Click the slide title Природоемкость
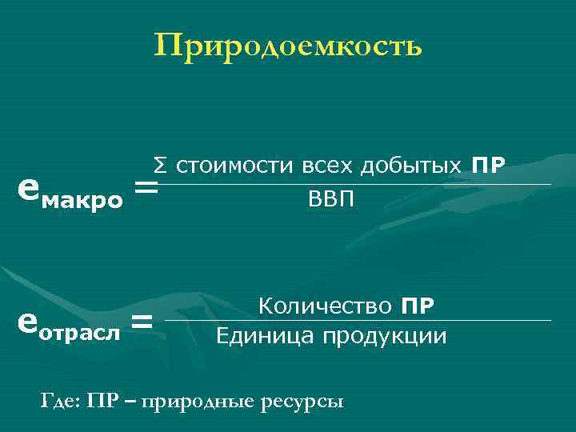pos(288,46)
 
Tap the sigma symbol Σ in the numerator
pos(160,166)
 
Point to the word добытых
pos(412,166)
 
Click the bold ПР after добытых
pos(488,166)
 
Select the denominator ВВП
pos(330,198)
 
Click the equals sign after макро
pos(146,189)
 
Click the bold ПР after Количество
pos(418,306)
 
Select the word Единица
pos(266,335)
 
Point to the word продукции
pos(386,335)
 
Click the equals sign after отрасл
pos(142,322)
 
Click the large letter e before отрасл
pos(26,320)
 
